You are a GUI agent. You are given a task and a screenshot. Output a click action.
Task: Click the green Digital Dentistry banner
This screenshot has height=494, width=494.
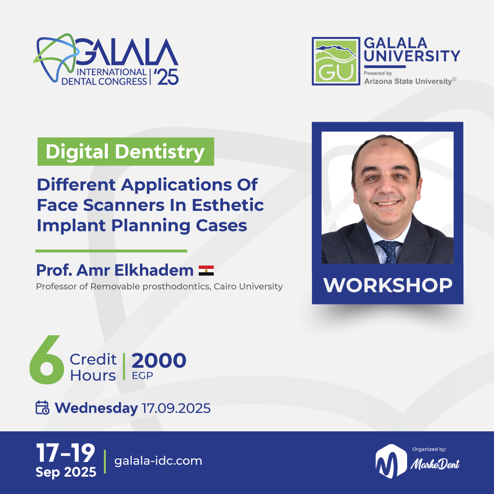point(125,152)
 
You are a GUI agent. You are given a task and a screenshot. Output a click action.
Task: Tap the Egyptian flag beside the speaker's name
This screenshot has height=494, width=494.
point(206,270)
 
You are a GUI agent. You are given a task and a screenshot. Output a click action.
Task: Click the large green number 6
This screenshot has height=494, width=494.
point(46,360)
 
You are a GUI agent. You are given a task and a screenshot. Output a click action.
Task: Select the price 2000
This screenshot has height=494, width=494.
point(159,361)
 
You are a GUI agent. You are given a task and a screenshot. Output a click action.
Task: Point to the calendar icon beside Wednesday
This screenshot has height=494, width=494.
point(43,408)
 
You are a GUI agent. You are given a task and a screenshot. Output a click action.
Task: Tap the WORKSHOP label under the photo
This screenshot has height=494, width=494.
point(387,285)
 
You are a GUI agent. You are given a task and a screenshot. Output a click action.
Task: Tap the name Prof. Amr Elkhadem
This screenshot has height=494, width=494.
point(115,270)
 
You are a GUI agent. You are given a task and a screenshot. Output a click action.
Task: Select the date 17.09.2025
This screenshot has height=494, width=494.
point(176,408)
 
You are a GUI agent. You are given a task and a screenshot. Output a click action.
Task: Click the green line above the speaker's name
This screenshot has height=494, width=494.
point(111,251)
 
